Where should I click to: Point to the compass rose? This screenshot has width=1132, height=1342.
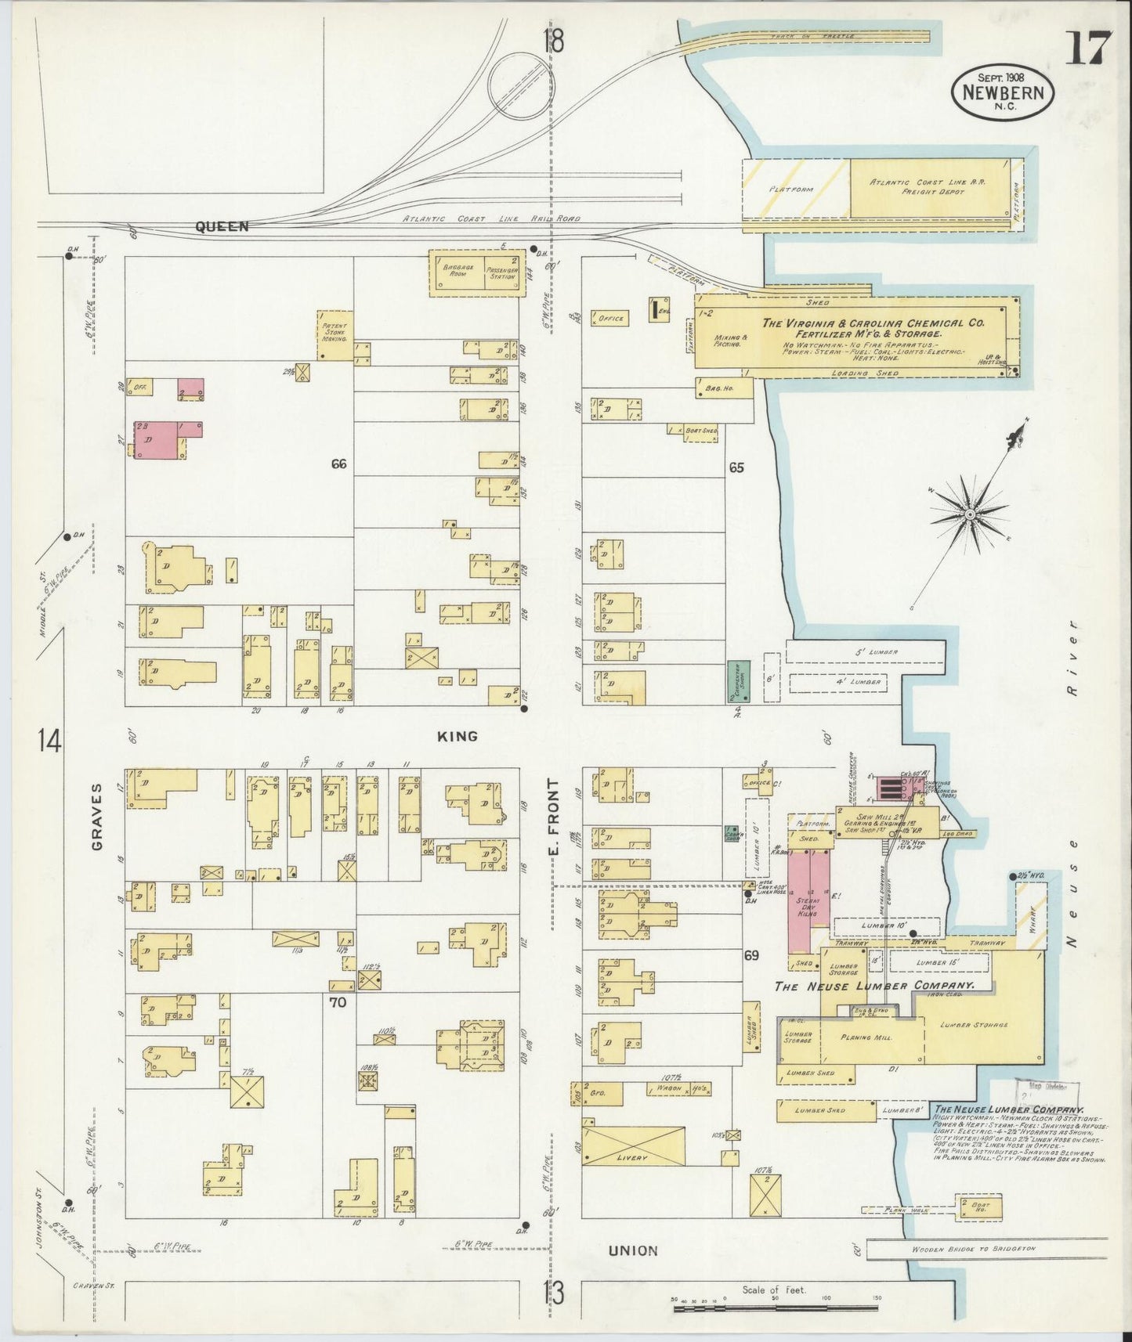pyautogui.click(x=970, y=514)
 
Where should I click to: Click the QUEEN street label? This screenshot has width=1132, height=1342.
pyautogui.click(x=222, y=227)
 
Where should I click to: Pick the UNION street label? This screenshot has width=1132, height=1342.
pyautogui.click(x=633, y=1250)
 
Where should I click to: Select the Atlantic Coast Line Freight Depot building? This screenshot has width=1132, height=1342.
pyautogui.click(x=928, y=187)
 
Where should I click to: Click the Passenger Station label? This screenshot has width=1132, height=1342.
pyautogui.click(x=501, y=272)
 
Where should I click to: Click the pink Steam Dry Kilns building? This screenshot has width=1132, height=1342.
pyautogui.click(x=808, y=901)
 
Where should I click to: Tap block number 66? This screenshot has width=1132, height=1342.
pyautogui.click(x=338, y=464)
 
